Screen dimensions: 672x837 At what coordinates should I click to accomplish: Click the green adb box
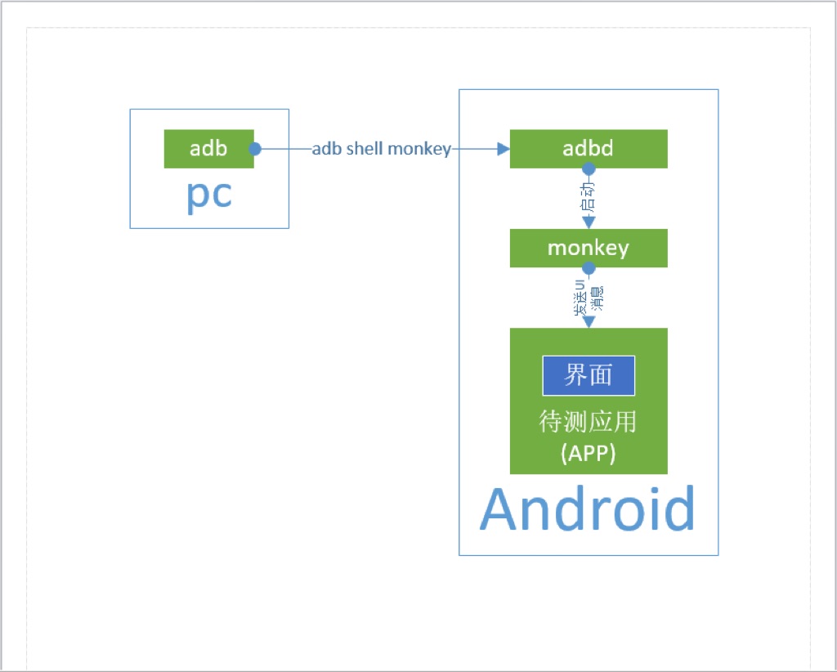(x=208, y=149)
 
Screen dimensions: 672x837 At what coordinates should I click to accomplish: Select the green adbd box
(x=589, y=149)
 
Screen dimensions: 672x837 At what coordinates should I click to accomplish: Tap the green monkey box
(x=589, y=248)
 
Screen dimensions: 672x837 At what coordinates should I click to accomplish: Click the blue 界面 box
(x=589, y=375)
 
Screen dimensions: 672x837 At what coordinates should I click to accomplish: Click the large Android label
(x=588, y=509)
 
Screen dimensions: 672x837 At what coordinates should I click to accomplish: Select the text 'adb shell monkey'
(x=382, y=149)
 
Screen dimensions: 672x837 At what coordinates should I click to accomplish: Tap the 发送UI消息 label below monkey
(x=589, y=298)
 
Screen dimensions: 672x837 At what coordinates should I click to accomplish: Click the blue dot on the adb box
(x=254, y=149)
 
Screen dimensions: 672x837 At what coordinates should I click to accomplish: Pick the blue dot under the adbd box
(x=589, y=168)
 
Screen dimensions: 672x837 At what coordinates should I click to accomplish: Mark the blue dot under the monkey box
(x=589, y=267)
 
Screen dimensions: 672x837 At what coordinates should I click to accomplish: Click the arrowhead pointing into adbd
(x=503, y=149)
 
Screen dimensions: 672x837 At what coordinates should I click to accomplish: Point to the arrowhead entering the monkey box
(x=589, y=222)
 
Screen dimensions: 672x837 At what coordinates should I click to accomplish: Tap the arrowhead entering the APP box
(x=589, y=321)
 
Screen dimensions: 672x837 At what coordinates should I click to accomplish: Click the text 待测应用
(x=589, y=422)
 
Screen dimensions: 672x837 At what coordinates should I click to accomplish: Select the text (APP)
(x=589, y=452)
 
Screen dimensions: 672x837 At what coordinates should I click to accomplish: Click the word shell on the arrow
(x=365, y=149)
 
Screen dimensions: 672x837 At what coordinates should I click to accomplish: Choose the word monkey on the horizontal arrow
(x=419, y=149)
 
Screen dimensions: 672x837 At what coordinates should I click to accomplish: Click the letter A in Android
(x=502, y=509)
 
